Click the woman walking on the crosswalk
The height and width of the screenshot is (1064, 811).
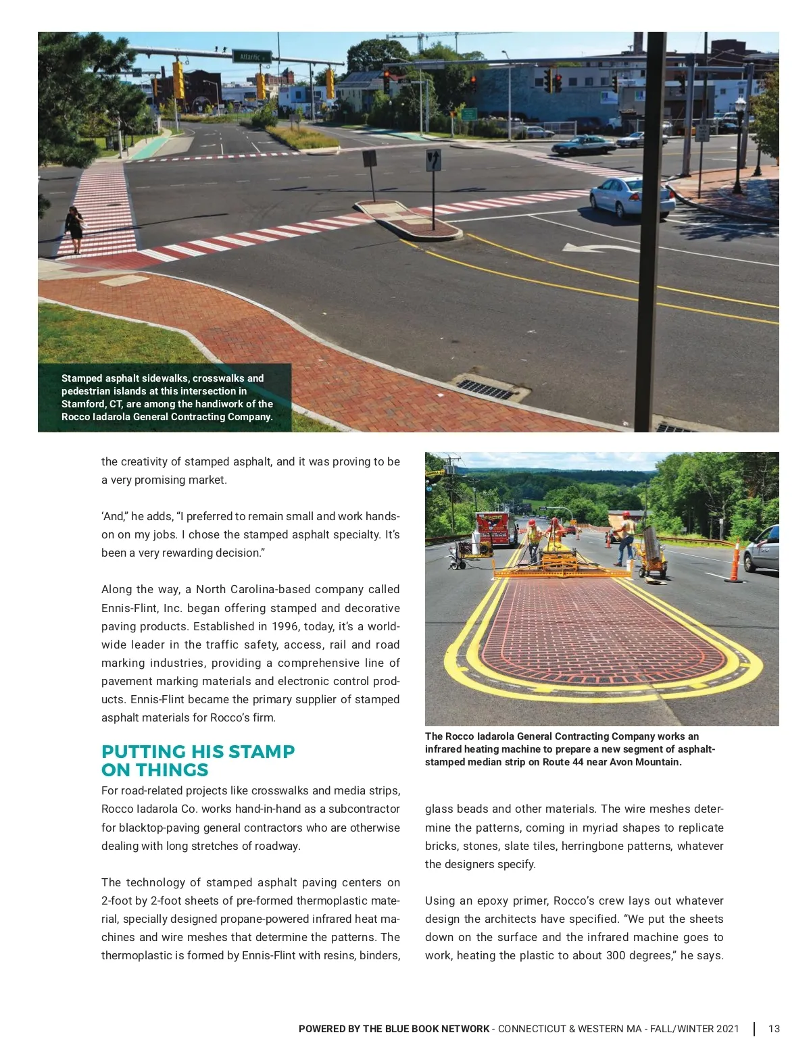click(74, 230)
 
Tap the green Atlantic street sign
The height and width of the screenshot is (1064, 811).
click(251, 57)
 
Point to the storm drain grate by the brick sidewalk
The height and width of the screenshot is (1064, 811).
click(485, 389)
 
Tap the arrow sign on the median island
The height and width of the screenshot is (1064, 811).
click(433, 161)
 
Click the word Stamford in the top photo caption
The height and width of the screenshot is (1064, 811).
click(83, 404)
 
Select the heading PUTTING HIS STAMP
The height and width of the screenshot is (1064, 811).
click(198, 751)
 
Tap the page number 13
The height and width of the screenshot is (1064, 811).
click(774, 1029)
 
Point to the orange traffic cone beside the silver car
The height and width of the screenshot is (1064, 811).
click(735, 561)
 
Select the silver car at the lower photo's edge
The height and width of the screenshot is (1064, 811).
click(763, 549)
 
